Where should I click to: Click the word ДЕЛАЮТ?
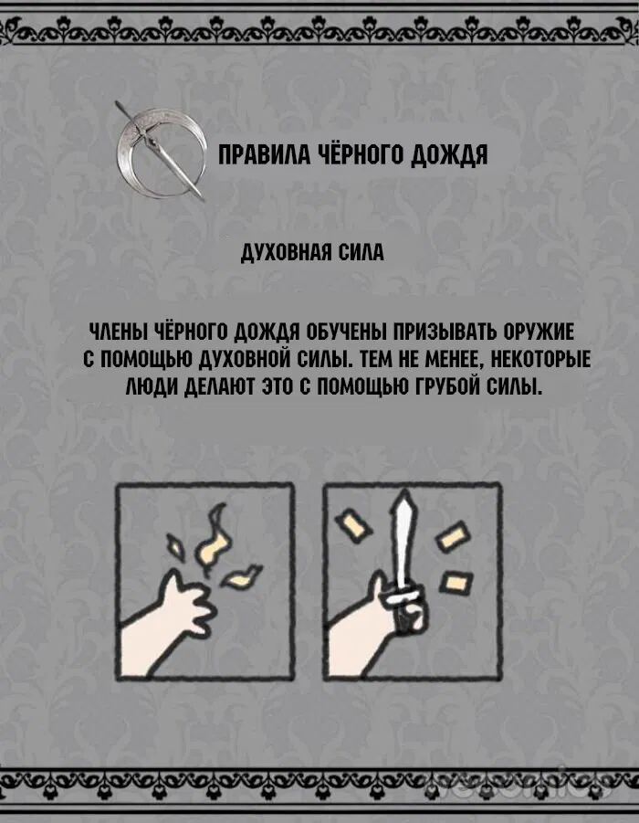click(216, 387)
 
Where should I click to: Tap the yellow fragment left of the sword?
click(353, 526)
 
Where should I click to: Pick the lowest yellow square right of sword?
click(451, 581)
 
